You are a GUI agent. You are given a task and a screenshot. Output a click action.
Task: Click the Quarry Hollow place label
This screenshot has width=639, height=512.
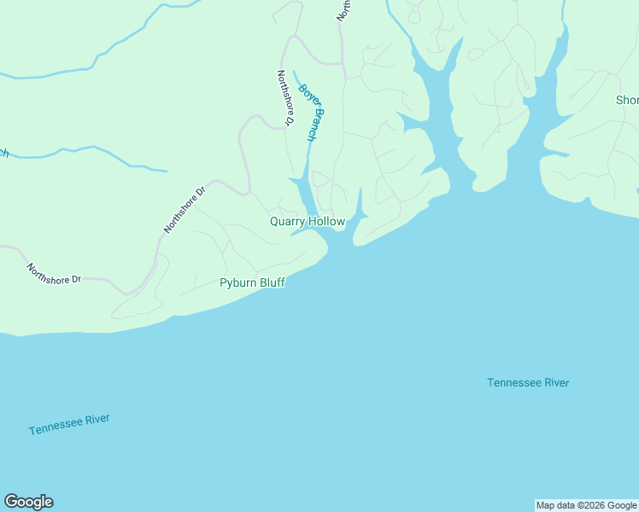[x=308, y=222]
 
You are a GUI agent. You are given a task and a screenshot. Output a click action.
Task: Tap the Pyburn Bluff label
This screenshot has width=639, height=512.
[x=252, y=282]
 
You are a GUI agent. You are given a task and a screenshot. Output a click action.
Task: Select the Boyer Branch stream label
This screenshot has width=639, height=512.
[x=313, y=112]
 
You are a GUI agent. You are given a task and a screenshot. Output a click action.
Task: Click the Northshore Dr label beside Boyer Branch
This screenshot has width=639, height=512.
[x=285, y=98]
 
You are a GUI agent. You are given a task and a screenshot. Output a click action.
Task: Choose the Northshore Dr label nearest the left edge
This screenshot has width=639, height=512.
[x=53, y=273]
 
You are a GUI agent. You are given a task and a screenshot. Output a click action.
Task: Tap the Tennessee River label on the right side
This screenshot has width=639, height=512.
[x=528, y=382]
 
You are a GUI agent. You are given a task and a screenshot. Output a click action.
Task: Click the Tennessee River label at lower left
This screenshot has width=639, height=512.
[x=69, y=425]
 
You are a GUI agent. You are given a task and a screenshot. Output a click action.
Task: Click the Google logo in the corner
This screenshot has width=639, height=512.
[x=28, y=502]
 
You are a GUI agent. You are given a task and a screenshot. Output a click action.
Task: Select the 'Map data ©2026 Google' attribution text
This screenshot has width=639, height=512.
[x=587, y=505]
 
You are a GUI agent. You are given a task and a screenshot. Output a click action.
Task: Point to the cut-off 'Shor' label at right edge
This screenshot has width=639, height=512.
[x=627, y=101]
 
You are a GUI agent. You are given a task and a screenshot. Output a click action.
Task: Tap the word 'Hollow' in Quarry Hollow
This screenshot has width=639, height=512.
[x=327, y=222]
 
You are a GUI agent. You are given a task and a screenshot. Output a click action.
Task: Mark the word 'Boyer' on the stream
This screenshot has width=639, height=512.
[x=305, y=94]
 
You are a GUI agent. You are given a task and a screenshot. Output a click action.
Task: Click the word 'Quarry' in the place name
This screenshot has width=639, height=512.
[x=288, y=222]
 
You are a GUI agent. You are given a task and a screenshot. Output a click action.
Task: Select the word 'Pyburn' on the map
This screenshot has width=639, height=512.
[x=236, y=282]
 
